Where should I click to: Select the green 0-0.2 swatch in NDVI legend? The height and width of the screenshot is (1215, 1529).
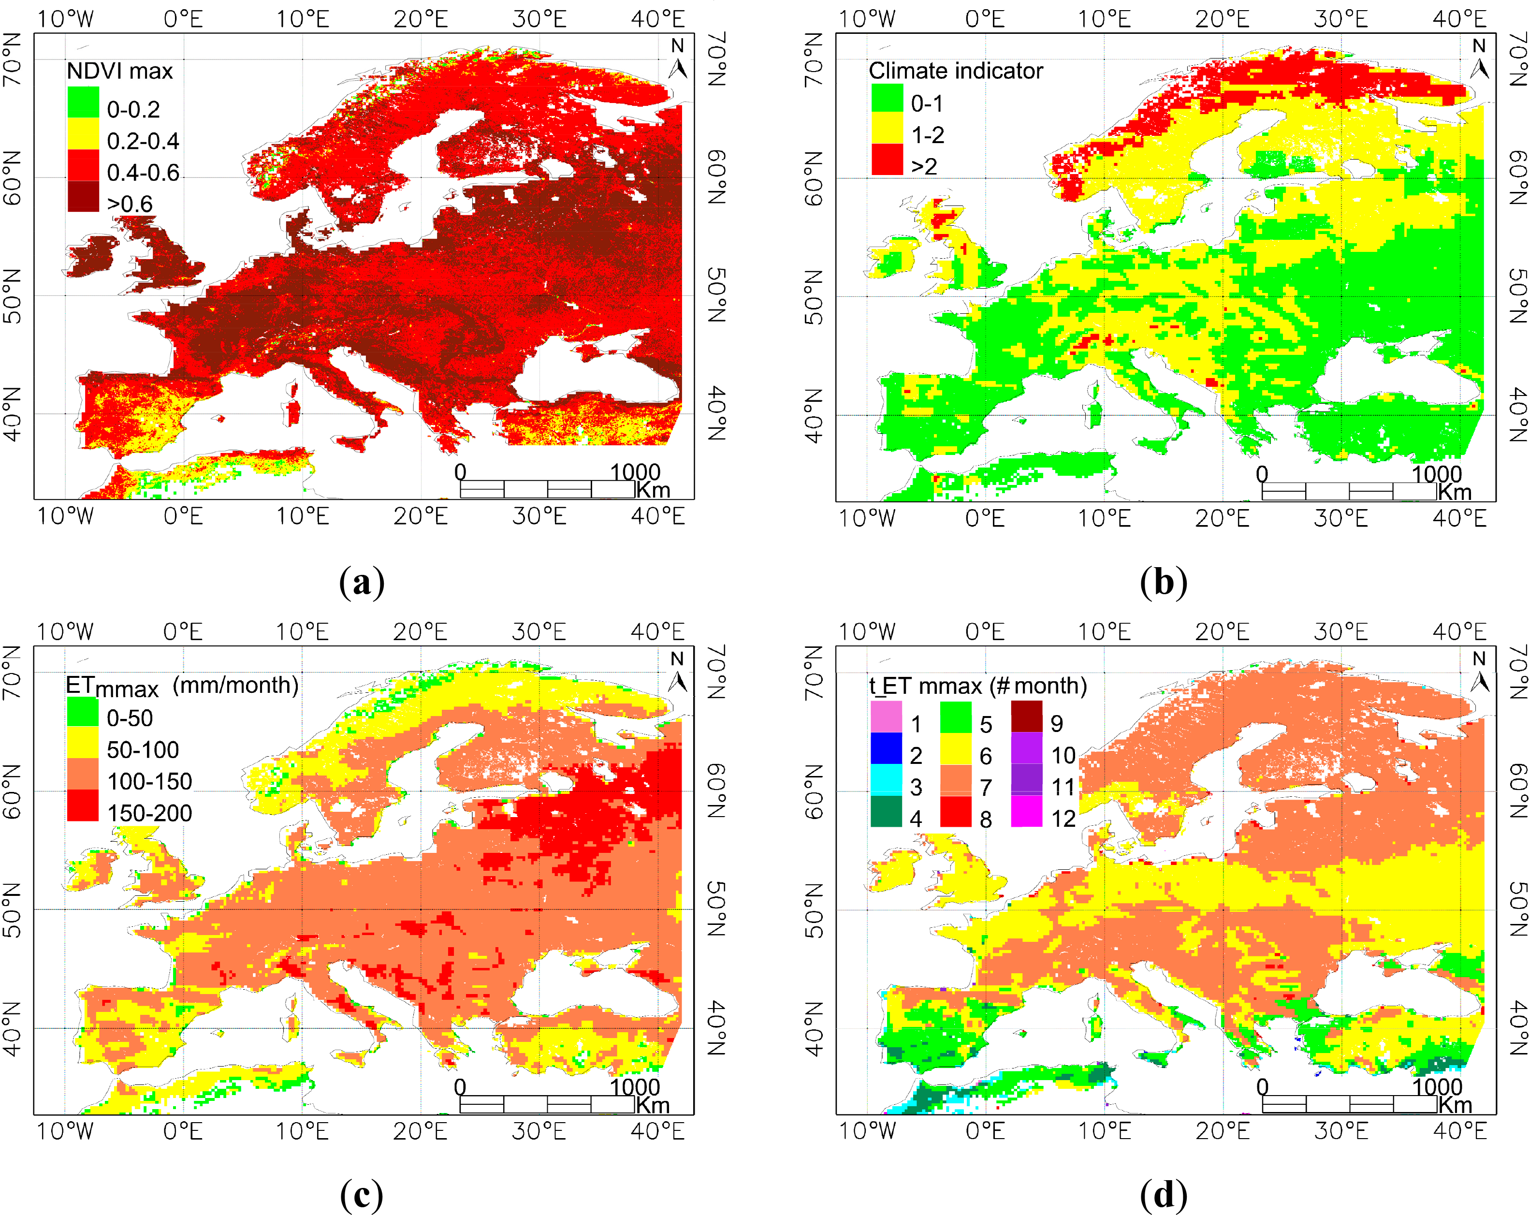[83, 102]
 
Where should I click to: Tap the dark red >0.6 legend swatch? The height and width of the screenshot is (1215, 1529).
[83, 196]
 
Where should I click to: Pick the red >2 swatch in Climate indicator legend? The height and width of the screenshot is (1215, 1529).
[887, 159]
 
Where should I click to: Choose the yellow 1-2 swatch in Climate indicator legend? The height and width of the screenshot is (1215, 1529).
[887, 129]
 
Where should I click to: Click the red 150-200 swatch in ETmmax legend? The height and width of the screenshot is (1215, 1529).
[83, 806]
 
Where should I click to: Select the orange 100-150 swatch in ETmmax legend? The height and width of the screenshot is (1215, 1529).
[83, 774]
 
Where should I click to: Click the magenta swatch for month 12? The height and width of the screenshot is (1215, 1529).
[1026, 811]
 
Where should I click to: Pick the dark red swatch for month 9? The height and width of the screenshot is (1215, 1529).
[1026, 717]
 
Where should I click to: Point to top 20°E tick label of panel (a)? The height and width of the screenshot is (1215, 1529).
[421, 19]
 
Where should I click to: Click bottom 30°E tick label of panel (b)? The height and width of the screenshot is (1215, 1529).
[1340, 518]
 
